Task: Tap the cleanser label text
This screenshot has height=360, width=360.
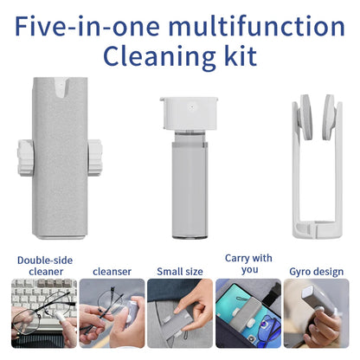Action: [x=111, y=271]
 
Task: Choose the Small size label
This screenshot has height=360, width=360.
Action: [x=180, y=271]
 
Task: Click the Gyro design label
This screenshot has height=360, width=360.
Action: [x=315, y=271]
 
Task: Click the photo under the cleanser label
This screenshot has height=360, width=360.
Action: [x=111, y=313]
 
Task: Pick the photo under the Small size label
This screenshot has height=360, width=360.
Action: [x=180, y=313]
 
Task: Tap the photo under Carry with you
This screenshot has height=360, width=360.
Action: [x=247, y=313]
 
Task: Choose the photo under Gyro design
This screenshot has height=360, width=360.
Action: [x=316, y=313]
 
